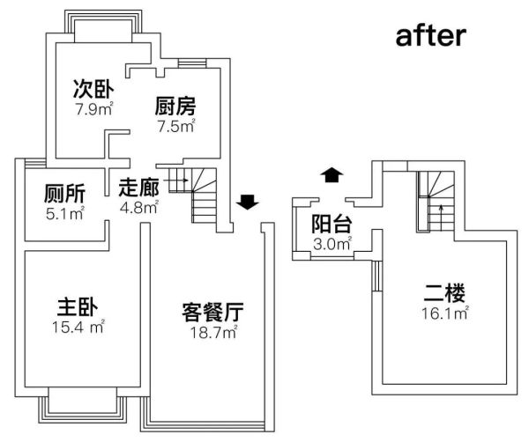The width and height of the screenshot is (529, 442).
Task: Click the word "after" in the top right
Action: pyautogui.click(x=431, y=36)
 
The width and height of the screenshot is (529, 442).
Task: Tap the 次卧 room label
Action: pyautogui.click(x=93, y=89)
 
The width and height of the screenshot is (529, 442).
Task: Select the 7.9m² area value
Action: pyautogui.click(x=93, y=109)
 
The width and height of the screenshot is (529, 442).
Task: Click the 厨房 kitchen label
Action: pyautogui.click(x=175, y=106)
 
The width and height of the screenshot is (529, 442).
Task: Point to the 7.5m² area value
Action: pyautogui.click(x=176, y=126)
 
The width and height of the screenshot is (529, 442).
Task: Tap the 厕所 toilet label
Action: pyautogui.click(x=64, y=194)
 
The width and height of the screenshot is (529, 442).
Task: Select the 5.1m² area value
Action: pyautogui.click(x=64, y=213)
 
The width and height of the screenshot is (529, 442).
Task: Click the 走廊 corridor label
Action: pyautogui.click(x=139, y=188)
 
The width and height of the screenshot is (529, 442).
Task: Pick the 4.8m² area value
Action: pyautogui.click(x=139, y=207)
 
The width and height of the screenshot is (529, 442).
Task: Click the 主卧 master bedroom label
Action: pyautogui.click(x=78, y=306)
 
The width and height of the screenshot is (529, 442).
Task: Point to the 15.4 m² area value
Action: pyautogui.click(x=78, y=327)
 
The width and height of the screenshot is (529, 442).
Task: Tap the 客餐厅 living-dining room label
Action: pyautogui.click(x=212, y=312)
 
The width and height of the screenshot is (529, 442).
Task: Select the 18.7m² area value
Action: pyautogui.click(x=214, y=332)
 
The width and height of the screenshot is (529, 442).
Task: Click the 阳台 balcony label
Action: pyautogui.click(x=332, y=224)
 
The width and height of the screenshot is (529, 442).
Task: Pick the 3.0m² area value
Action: pyautogui.click(x=332, y=244)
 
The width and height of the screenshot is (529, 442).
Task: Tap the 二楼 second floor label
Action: pyautogui.click(x=444, y=293)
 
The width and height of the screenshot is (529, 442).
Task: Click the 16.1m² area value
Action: pyautogui.click(x=445, y=313)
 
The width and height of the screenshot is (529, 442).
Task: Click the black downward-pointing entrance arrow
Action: pyautogui.click(x=247, y=202)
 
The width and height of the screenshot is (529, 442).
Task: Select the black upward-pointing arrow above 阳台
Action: pyautogui.click(x=332, y=175)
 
